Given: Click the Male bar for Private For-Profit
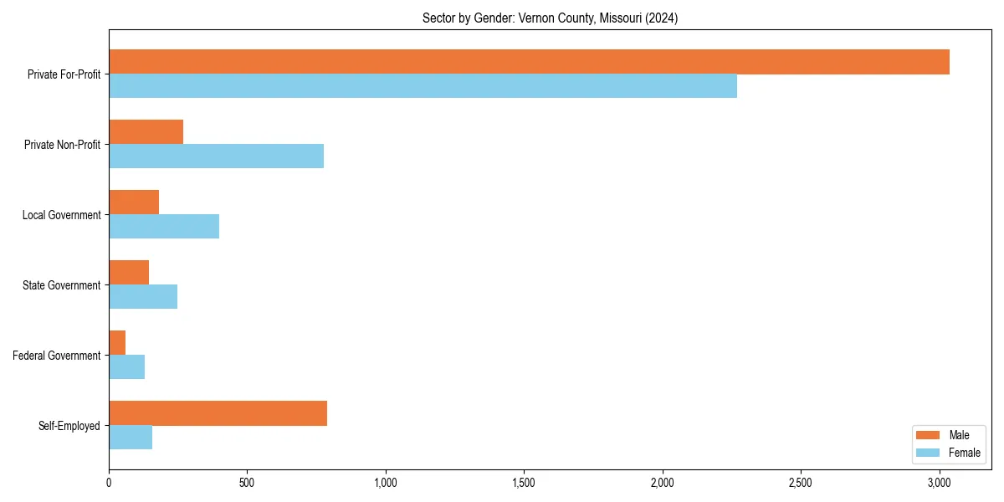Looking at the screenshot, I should click(529, 62).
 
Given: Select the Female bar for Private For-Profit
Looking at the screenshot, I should click(423, 86).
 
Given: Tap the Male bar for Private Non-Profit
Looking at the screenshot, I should click(146, 132).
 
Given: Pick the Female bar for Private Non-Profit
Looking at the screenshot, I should click(216, 156).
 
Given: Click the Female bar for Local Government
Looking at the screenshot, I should click(164, 227).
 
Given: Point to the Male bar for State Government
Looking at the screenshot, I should click(129, 273).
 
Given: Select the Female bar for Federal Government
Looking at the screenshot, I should click(126, 367).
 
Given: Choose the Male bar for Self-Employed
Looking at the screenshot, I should click(218, 413).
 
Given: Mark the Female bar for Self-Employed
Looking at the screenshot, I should click(131, 438).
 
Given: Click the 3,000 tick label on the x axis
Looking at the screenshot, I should click(940, 483).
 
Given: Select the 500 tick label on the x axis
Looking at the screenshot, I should click(247, 483).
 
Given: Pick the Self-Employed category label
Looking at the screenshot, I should click(69, 426).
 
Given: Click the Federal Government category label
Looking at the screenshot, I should click(57, 356).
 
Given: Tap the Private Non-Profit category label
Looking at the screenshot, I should click(62, 145).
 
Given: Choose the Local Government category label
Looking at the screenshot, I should click(62, 215).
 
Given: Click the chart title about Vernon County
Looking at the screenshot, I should click(550, 18).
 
